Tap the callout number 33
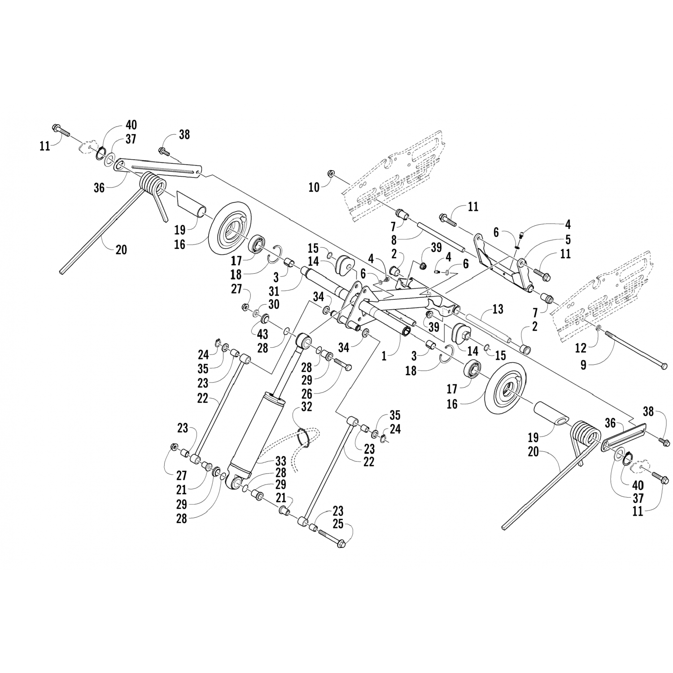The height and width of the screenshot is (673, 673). [x=280, y=461]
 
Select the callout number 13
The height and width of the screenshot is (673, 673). [x=498, y=309]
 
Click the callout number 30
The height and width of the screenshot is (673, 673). [x=273, y=305]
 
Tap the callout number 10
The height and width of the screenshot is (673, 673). [x=314, y=187]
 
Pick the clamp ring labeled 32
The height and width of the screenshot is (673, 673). [x=305, y=437]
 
